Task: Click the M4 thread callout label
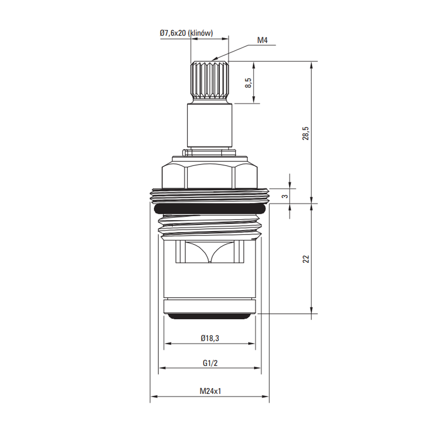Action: pyautogui.click(x=262, y=40)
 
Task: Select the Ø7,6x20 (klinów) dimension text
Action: pyautogui.click(x=186, y=33)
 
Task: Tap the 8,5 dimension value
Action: pyautogui.click(x=248, y=83)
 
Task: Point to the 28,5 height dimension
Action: pyautogui.click(x=306, y=133)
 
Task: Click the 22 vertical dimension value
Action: pyautogui.click(x=306, y=259)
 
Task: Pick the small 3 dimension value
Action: pyautogui.click(x=285, y=196)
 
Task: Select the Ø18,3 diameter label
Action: pyautogui.click(x=210, y=338)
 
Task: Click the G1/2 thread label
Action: pyautogui.click(x=210, y=363)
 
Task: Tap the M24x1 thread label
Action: pyautogui.click(x=210, y=391)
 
